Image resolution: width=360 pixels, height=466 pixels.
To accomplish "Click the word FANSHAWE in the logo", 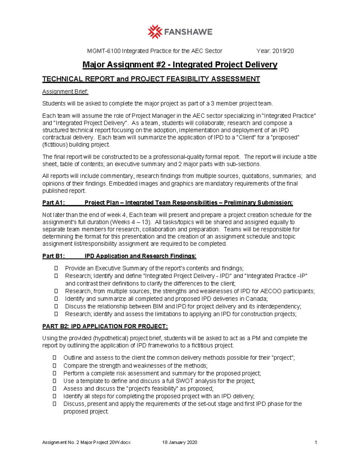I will tap(188, 32).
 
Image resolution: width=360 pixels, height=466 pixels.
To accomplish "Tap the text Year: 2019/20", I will tap(275, 51).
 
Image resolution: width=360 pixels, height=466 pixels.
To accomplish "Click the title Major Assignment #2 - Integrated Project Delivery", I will tap(180, 65).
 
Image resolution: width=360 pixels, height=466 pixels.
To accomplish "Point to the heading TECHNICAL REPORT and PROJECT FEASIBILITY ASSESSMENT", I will tap(151, 79).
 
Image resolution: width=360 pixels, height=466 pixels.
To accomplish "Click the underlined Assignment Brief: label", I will tap(65, 92).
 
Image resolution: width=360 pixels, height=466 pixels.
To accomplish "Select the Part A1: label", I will tap(53, 203).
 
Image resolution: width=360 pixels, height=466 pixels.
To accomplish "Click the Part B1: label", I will tap(53, 256).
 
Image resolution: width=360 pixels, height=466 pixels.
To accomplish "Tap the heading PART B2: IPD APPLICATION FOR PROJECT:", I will tap(105, 326).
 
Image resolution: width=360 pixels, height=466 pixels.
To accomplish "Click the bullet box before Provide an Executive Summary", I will tap(56, 268).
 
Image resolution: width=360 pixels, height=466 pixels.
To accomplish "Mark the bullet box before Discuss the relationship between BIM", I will tap(56, 306).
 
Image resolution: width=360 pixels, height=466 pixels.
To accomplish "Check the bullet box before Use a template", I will tap(55, 381).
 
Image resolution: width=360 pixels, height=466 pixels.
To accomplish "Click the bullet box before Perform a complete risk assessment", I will tap(55, 373).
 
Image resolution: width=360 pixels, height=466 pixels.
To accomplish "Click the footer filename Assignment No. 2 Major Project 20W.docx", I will tap(86, 442).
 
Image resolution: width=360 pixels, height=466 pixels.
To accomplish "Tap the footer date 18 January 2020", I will tap(180, 442).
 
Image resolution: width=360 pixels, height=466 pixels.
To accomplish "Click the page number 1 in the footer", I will tap(316, 442).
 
